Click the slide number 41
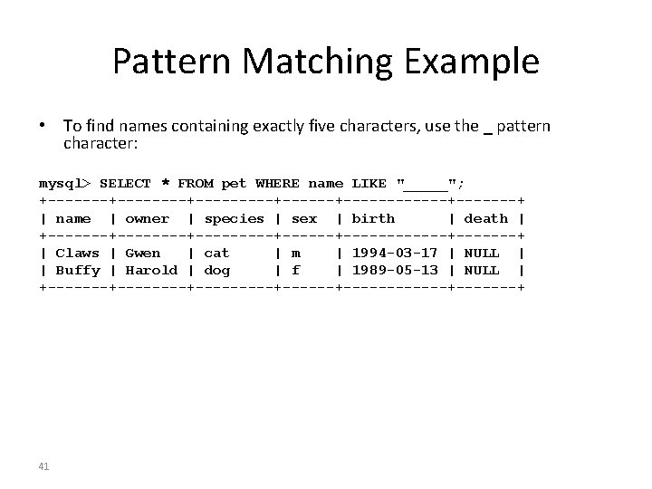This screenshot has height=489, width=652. coord(43,465)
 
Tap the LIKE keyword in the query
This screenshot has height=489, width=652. coord(369,183)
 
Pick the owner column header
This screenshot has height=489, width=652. coord(148,218)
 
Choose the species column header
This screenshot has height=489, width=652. coord(235,218)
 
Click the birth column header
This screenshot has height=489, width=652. coord(373,218)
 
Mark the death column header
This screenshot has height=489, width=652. coord(486,218)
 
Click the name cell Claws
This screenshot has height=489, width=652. coord(78,253)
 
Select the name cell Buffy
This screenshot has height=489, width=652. coord(78,270)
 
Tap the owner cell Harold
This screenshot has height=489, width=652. coord(151,270)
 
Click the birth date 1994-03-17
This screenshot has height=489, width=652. coord(395,253)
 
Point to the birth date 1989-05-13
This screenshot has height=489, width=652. coord(395,270)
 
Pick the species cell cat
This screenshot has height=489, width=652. coord(217,253)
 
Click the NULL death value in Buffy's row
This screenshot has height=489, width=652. coord(482,270)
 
